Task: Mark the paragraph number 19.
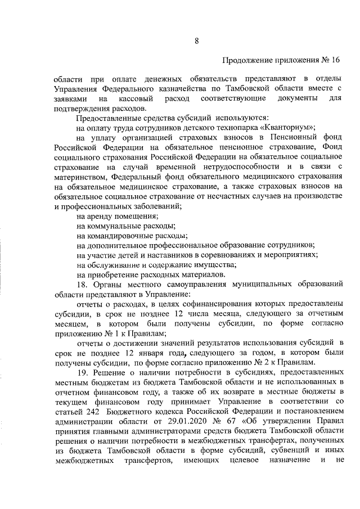(x=82, y=373)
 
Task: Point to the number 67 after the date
(x=222, y=422)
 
